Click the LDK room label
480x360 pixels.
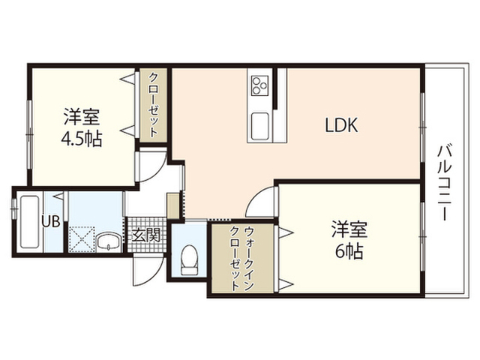(341, 125)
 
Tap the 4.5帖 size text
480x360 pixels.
(82, 139)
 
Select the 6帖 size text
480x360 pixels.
(349, 252)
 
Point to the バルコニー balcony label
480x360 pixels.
(445, 182)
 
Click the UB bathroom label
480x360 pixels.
(51, 221)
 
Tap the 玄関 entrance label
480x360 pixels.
(146, 235)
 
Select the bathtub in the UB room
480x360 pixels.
(30, 222)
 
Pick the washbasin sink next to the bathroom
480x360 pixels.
(109, 242)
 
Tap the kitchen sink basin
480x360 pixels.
(260, 126)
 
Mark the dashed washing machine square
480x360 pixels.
(82, 239)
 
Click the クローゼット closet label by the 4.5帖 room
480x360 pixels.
(153, 105)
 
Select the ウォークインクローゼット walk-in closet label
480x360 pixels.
(242, 258)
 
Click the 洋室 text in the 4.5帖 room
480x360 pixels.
(82, 116)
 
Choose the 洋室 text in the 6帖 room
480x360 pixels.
(349, 229)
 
